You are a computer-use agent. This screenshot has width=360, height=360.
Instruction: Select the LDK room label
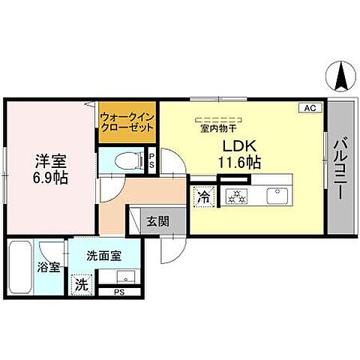pos(238,145)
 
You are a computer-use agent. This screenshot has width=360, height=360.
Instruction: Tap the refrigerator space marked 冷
pos(203,197)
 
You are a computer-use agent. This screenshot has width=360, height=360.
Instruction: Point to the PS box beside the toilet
pos(151,159)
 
